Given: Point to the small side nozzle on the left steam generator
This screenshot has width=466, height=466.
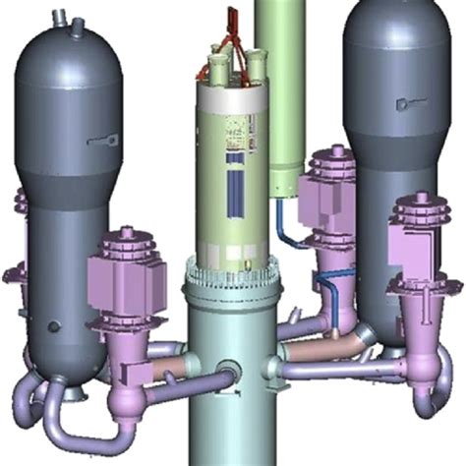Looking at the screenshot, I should tap(100, 141).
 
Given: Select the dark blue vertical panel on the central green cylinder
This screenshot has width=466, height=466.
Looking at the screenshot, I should tap(233, 184).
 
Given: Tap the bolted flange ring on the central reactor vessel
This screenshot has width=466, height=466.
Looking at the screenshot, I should tap(234, 286).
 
